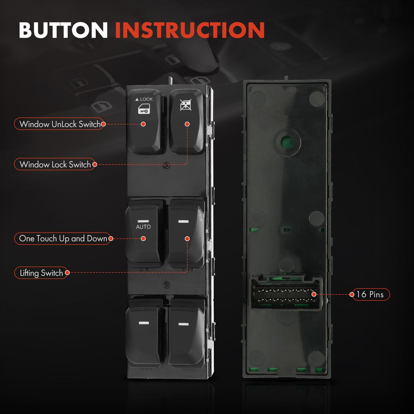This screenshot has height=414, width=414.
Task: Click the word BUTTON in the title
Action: pos(63,30)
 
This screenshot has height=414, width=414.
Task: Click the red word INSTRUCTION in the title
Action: pos(190,30)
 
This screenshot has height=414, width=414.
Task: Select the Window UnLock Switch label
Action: pos(60,124)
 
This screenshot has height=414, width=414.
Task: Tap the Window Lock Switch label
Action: pos(55,164)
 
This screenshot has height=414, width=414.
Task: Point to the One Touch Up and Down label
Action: pos(63,238)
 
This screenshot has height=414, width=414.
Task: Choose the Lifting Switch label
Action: pos(41,273)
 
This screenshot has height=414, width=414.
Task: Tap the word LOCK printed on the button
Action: pos(146,99)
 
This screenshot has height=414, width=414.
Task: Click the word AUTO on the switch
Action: pos(143,227)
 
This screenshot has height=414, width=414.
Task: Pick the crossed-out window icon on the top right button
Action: pos(186,105)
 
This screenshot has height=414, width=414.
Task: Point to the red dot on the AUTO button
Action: pos(143,238)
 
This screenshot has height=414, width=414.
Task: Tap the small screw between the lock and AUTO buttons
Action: pos(166,166)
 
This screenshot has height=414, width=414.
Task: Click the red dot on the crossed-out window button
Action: pos(187,124)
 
